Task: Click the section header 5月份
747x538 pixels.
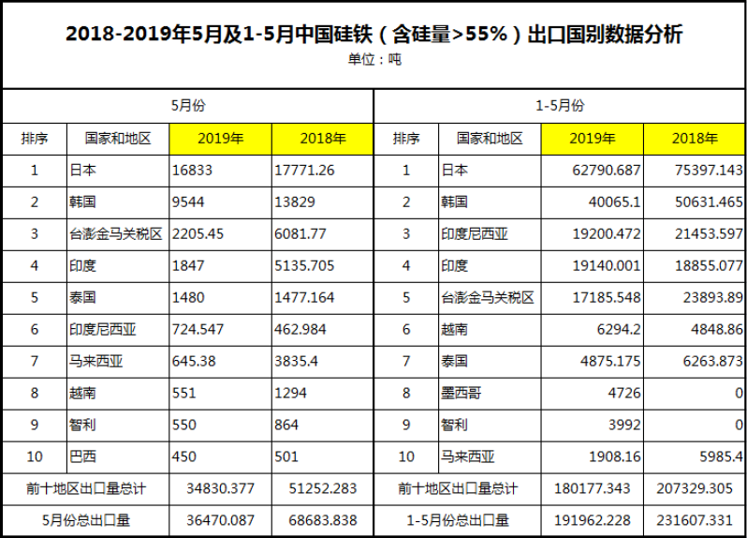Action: [x=187, y=105]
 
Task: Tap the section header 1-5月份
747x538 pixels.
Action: [x=560, y=105]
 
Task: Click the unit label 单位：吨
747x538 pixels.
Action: [x=373, y=59]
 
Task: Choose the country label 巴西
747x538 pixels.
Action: [x=82, y=456]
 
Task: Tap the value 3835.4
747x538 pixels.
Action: [x=299, y=361]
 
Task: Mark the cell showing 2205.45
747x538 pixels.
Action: [x=198, y=233]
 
